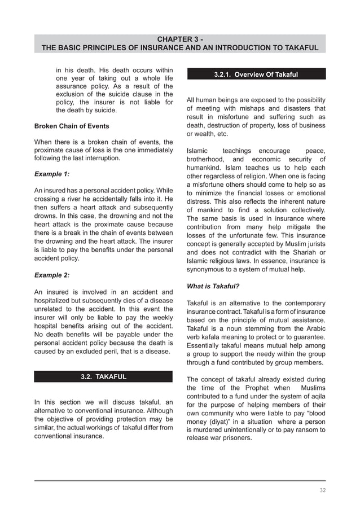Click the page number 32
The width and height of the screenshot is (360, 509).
[322, 490]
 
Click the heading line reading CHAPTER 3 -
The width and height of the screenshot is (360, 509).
[180, 39]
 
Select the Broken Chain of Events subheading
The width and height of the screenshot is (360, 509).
[72, 125]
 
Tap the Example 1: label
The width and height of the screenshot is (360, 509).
[52, 174]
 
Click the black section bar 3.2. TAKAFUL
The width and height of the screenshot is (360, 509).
[103, 376]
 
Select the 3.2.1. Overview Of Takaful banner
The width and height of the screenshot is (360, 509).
[256, 74]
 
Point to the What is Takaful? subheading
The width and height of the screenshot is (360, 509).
[213, 286]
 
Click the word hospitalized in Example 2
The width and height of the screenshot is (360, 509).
[59, 302]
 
